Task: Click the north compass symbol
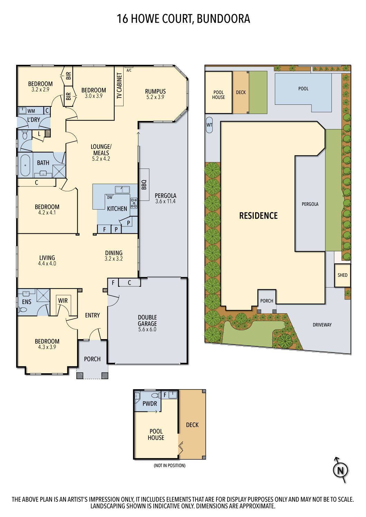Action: coord(340,470)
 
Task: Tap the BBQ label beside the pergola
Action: coord(144,184)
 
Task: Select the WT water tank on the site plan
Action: coord(209,125)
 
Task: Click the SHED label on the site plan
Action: coord(343,275)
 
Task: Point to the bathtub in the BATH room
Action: coord(26,165)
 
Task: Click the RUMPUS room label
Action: coord(155,91)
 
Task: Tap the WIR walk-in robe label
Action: coord(63,301)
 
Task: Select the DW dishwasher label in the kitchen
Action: coord(110,197)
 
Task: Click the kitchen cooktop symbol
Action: coord(134,203)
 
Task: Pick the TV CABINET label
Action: coord(119,86)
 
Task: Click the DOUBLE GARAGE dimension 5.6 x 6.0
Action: coord(147,330)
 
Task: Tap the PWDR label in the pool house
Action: coord(150,404)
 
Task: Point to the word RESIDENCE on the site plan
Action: coord(259,216)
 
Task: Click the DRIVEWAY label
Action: coord(322,325)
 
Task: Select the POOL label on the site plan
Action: coord(303,89)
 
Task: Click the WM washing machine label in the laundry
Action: coord(31,111)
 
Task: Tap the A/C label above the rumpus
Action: coord(129,70)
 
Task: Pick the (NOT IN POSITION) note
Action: coord(170,466)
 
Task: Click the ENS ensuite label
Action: coord(27,302)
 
